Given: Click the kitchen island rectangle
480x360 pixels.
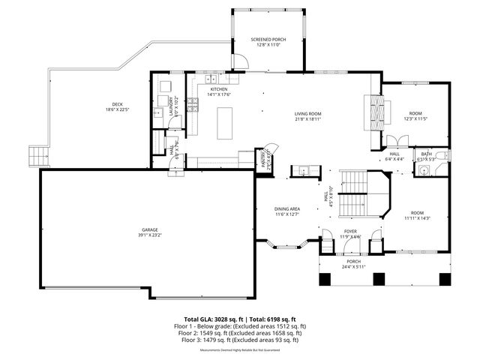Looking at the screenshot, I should coord(224,123).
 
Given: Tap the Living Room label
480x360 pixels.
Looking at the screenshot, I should coord(307,114).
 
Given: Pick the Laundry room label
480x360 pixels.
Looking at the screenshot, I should coord(173,106).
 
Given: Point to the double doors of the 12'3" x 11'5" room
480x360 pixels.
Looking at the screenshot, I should coord(397,140).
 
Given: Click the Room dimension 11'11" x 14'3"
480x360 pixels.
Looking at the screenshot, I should coord(417,218).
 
